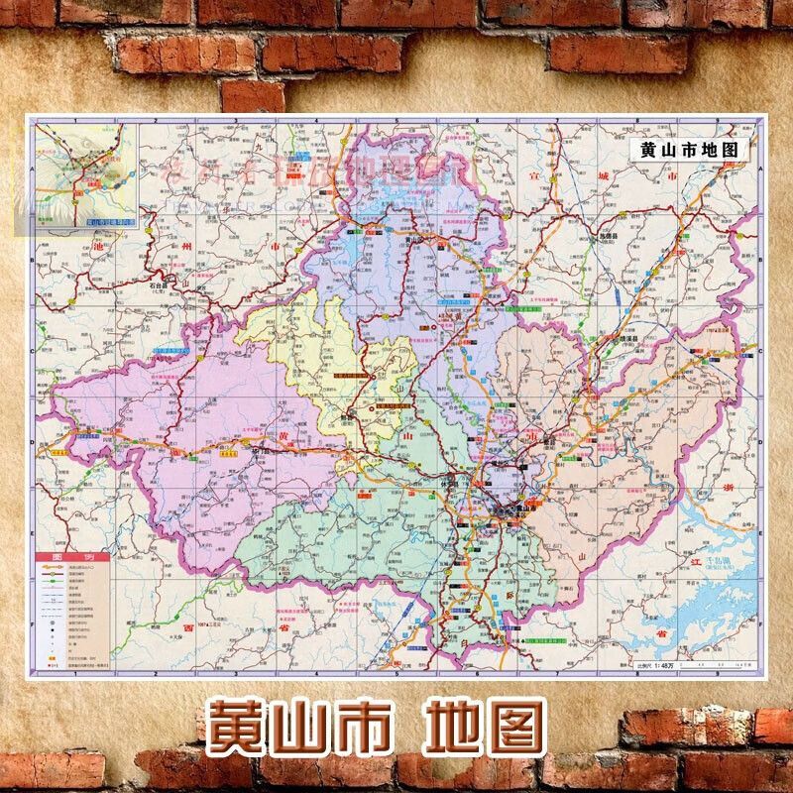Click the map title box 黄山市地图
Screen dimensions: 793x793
(x=689, y=150)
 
